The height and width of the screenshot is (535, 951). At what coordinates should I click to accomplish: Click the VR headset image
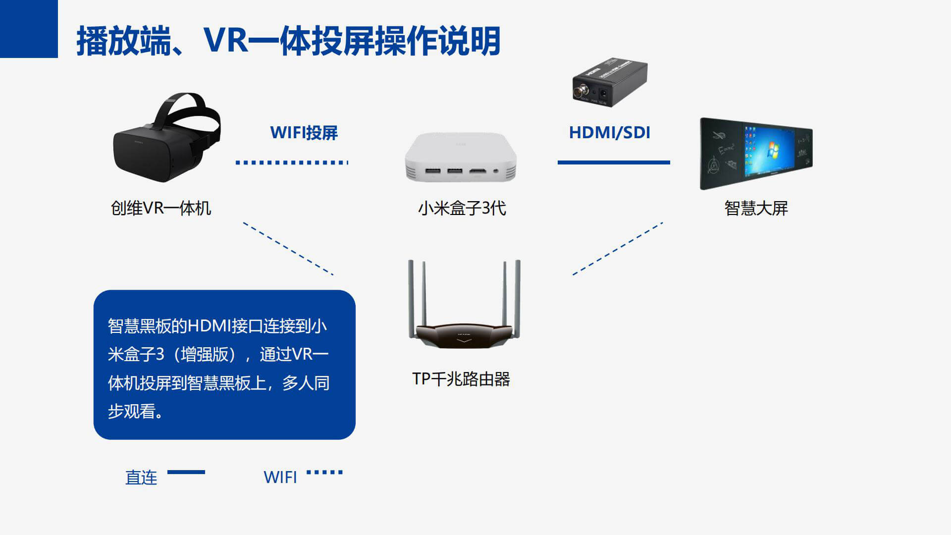click(x=166, y=139)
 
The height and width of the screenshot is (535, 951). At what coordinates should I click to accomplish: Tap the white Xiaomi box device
click(x=461, y=158)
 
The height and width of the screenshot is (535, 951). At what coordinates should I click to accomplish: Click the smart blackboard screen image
click(x=756, y=154)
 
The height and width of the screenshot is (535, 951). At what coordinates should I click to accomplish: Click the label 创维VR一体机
click(x=161, y=208)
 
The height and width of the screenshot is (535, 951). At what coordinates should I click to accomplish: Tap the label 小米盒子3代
click(x=462, y=208)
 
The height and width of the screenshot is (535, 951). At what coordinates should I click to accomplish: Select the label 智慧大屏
click(x=756, y=208)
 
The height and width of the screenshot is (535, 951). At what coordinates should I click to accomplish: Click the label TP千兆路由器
click(x=461, y=379)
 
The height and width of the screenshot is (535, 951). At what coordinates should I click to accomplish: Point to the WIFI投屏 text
click(x=304, y=133)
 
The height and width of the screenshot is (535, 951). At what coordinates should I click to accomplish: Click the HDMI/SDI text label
click(x=609, y=133)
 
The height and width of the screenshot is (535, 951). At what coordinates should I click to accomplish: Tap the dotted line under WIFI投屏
click(x=292, y=162)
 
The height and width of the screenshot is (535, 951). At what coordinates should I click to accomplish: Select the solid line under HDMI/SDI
click(x=614, y=162)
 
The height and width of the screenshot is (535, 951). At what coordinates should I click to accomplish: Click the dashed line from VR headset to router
click(x=288, y=248)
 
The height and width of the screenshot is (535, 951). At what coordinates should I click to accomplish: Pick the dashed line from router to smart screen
click(x=618, y=248)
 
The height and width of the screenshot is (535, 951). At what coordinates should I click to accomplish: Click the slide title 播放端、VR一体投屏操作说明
click(x=288, y=41)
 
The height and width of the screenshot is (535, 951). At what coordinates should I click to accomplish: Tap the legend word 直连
click(x=141, y=478)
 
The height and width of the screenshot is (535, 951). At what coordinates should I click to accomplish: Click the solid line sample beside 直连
click(x=186, y=472)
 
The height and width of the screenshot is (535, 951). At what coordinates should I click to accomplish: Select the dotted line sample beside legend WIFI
click(x=324, y=472)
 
